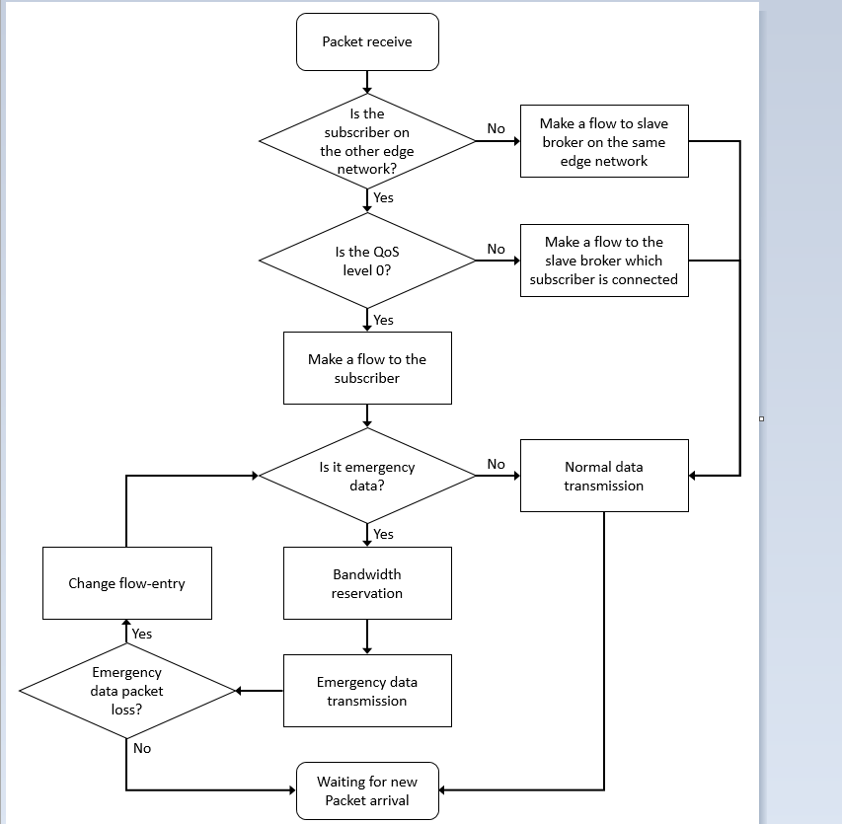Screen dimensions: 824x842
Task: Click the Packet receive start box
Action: coord(367,41)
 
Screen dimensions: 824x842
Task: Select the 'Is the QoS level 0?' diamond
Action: coord(367,261)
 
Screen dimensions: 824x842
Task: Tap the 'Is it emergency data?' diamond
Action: coord(367,475)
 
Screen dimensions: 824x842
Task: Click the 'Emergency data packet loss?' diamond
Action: coord(126,690)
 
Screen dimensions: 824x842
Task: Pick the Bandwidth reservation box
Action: coord(367,583)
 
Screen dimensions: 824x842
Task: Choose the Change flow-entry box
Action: coord(126,583)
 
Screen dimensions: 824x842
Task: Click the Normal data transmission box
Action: coord(604,475)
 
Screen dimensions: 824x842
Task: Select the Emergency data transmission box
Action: coord(367,691)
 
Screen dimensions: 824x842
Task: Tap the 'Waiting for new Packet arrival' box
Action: coord(367,790)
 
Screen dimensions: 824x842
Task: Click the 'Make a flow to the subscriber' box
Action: coord(367,368)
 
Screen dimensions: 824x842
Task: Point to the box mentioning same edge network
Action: coord(604,141)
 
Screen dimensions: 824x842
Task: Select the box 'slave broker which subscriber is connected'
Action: coord(604,261)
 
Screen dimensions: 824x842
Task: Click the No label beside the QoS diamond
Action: coord(496,249)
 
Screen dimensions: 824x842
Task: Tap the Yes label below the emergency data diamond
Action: coord(383,534)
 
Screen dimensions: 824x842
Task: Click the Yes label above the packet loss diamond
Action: coord(142,634)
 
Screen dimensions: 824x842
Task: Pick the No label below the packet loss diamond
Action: coord(142,748)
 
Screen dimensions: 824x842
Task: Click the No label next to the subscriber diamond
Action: coord(496,129)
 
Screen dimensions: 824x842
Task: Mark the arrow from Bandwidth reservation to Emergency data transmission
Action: coord(367,637)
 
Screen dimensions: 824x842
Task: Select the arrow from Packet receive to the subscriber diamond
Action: coord(367,82)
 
